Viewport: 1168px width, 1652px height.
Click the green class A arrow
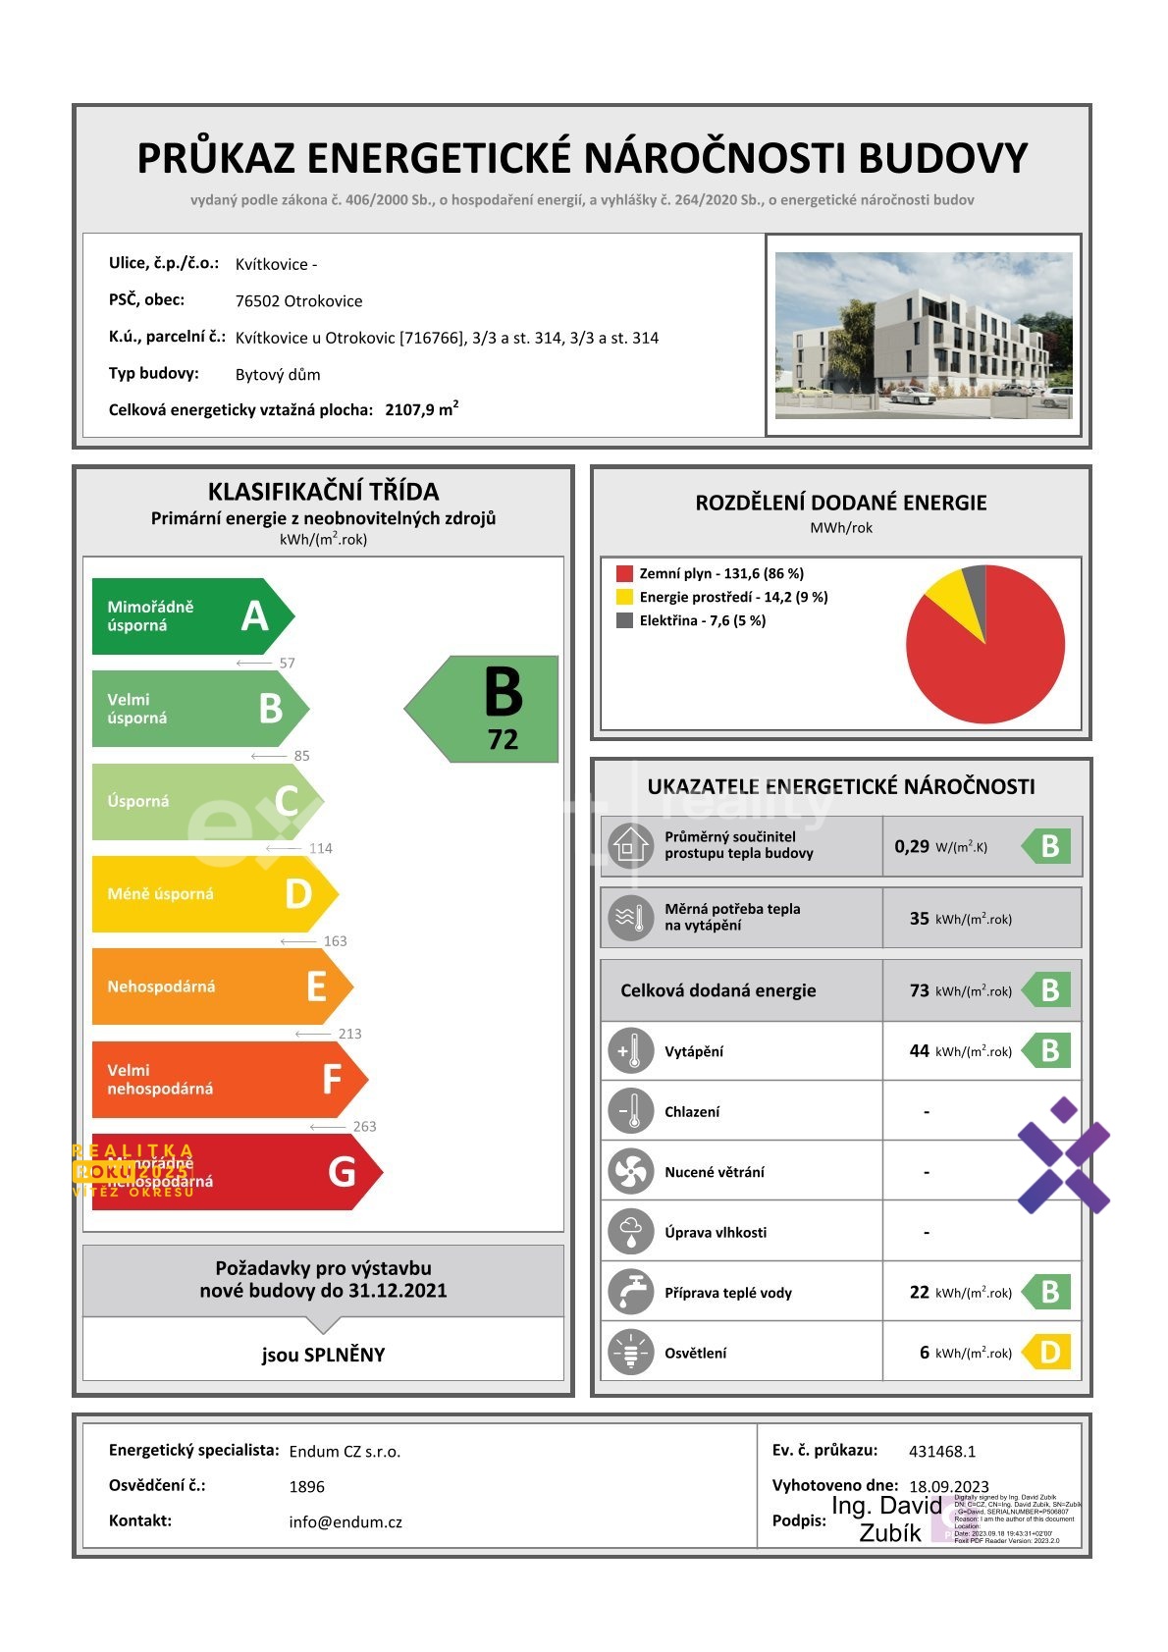point(191,616)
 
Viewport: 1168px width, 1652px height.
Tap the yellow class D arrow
point(213,894)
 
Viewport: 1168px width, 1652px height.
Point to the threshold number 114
point(321,848)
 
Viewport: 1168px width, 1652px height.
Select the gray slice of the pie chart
point(975,583)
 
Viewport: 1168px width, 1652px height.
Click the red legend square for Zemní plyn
point(624,573)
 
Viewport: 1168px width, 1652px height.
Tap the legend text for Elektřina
point(702,620)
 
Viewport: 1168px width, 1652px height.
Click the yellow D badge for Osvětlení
point(1047,1353)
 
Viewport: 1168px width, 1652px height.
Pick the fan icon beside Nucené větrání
point(630,1172)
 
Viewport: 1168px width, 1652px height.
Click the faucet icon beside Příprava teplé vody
point(630,1292)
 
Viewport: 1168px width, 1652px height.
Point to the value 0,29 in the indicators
point(911,846)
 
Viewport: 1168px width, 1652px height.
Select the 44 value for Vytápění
point(919,1051)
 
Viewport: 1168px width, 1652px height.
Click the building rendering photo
point(924,335)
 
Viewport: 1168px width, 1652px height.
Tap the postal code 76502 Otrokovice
point(298,301)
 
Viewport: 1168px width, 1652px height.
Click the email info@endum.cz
point(345,1522)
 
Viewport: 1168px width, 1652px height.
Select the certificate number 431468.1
point(942,1451)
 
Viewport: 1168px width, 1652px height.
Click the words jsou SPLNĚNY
point(323,1355)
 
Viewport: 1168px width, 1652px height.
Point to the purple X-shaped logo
point(1063,1155)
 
